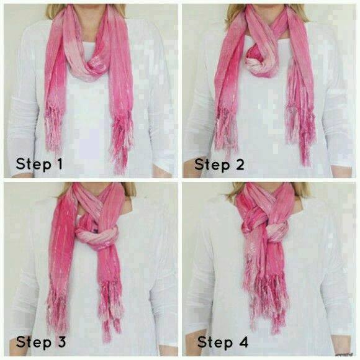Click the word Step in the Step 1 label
pyautogui.click(x=34, y=164)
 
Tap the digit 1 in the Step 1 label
pyautogui.click(x=60, y=164)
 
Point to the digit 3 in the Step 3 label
pyautogui.click(x=61, y=342)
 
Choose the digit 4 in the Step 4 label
pyautogui.click(x=243, y=342)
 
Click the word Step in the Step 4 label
pyautogui.click(x=215, y=343)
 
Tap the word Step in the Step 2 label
pyautogui.click(x=212, y=165)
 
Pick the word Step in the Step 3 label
pyautogui.click(x=34, y=343)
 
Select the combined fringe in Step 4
pyautogui.click(x=266, y=301)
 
